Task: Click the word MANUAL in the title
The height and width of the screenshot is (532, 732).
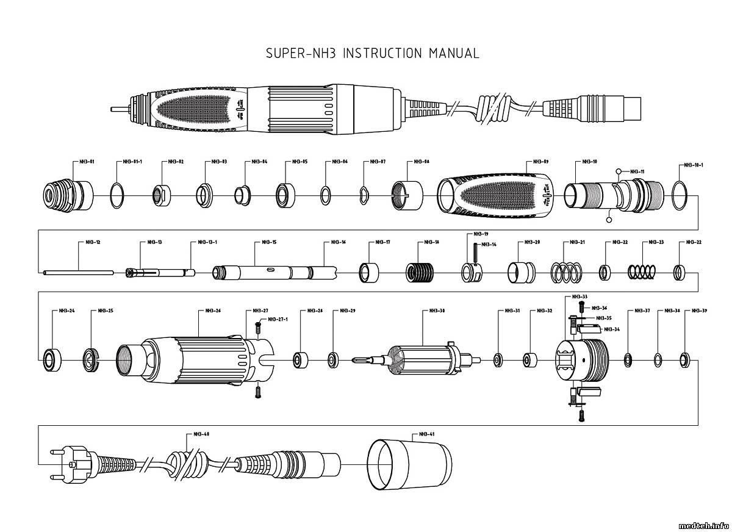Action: point(454,53)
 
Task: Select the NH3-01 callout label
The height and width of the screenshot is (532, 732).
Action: point(87,162)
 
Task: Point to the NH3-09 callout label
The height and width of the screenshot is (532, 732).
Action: point(540,162)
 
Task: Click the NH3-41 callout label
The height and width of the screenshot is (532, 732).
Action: point(426,434)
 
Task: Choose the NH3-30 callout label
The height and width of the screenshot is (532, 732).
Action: point(437,311)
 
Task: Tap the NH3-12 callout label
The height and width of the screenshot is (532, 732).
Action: point(92,242)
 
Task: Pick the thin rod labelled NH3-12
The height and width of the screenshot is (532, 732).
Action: point(78,272)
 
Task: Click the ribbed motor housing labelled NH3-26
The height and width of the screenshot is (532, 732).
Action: point(195,359)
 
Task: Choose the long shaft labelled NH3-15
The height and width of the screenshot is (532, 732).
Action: point(274,271)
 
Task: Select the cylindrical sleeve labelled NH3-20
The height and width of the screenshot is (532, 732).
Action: point(522,271)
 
